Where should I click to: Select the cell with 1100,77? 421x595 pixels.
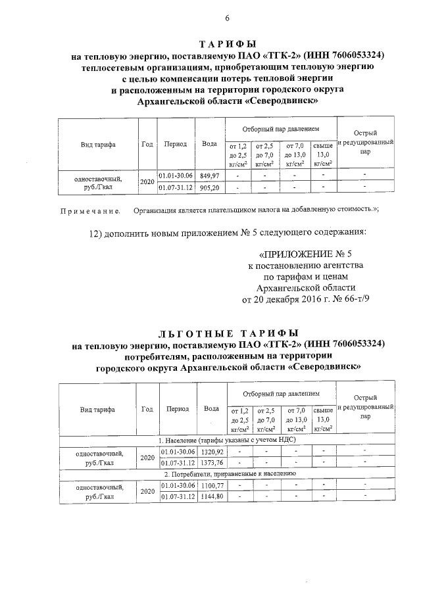pyautogui.click(x=211, y=485)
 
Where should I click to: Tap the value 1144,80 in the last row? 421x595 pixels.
pyautogui.click(x=211, y=496)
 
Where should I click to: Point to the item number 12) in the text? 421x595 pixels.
pyautogui.click(x=96, y=233)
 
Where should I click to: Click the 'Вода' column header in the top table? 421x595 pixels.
pyautogui.click(x=210, y=144)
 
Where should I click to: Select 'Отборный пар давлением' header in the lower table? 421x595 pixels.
pyautogui.click(x=280, y=393)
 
